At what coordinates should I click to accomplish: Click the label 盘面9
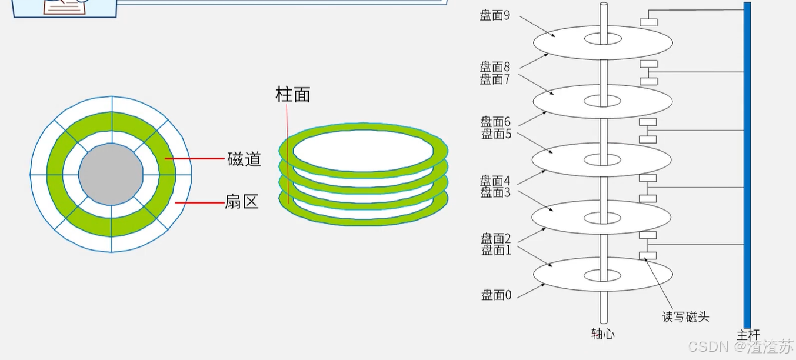pyautogui.click(x=495, y=16)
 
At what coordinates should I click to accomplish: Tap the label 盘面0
pyautogui.click(x=497, y=295)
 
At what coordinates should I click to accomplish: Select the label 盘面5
pyautogui.click(x=497, y=134)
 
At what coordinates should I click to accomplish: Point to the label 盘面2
pyautogui.click(x=496, y=239)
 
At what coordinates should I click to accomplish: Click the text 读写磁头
pyautogui.click(x=685, y=317)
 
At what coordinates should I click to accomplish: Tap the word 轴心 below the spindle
pyautogui.click(x=603, y=334)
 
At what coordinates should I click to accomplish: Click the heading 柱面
pyautogui.click(x=292, y=94)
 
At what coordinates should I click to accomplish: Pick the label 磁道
pyautogui.click(x=244, y=159)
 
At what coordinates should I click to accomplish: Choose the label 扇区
pyautogui.click(x=242, y=202)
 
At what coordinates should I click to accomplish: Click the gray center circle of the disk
pyautogui.click(x=111, y=174)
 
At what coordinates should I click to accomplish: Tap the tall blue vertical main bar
pyautogui.click(x=747, y=165)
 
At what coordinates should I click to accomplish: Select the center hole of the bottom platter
pyautogui.click(x=602, y=275)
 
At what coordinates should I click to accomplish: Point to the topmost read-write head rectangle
pyautogui.click(x=648, y=22)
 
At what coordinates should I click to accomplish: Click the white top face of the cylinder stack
pyautogui.click(x=363, y=150)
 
